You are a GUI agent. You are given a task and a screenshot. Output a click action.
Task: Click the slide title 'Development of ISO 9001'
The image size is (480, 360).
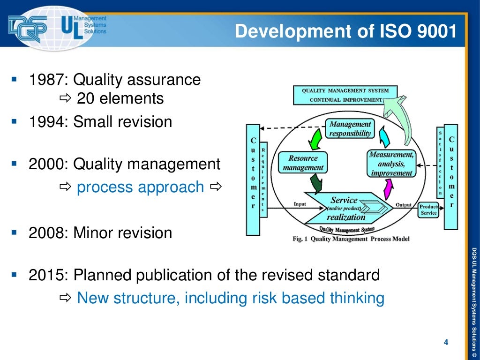tap(345, 31)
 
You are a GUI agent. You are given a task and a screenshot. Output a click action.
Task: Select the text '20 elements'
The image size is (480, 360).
tap(120, 99)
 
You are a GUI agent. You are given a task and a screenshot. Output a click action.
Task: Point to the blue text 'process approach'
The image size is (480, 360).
tap(140, 187)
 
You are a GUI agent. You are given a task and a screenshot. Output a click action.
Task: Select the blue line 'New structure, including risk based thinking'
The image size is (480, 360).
tap(230, 298)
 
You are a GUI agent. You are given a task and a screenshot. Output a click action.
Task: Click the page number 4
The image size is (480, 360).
tap(446, 343)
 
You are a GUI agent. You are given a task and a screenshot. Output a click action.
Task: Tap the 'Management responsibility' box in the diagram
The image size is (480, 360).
tap(350, 129)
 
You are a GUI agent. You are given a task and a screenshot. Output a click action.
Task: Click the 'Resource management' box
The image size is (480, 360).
tap(303, 163)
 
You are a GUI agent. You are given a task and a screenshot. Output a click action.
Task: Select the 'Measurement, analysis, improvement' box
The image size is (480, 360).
tap(391, 164)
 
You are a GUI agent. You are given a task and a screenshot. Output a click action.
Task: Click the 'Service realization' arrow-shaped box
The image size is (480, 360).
tap(347, 208)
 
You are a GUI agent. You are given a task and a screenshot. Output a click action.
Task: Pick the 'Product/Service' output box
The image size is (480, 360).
tap(428, 210)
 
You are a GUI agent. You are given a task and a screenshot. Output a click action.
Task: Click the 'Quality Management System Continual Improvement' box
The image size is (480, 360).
tap(344, 95)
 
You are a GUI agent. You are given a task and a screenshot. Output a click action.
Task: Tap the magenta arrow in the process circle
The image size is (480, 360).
tap(388, 189)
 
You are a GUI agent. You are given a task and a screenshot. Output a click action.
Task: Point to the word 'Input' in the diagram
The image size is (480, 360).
tap(300, 204)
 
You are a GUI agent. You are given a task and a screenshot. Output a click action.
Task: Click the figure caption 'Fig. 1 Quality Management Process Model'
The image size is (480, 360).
tap(351, 239)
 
